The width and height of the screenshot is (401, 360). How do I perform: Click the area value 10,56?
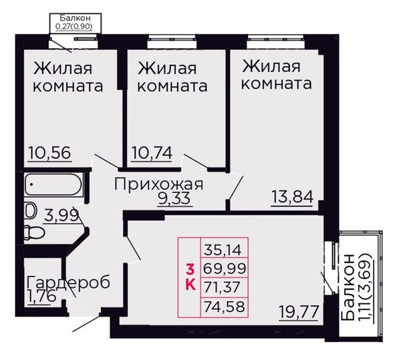pos(49,152)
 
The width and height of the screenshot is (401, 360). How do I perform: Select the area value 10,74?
pos(152,152)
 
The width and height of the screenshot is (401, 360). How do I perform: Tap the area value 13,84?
pos(292,197)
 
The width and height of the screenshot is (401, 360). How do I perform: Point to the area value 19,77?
pos(299,312)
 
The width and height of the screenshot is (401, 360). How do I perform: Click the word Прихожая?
pos(158,184)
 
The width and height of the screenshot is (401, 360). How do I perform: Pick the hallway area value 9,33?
pos(174,198)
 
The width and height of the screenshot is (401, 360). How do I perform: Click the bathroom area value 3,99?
pos(61,216)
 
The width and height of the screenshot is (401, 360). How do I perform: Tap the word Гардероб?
pos(69,282)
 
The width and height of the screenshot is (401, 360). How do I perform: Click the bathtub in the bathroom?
pos(53,184)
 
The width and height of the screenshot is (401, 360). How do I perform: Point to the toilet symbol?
pos(34,232)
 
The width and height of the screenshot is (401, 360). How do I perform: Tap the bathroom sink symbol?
pos(30,211)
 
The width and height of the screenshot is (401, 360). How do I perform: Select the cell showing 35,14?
pos(225,247)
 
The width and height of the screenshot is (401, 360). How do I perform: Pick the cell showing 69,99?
pos(225,267)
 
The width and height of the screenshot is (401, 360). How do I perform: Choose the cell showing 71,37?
pos(225,287)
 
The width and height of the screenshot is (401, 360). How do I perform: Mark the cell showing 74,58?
pos(225,307)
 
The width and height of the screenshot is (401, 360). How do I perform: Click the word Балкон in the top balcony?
pos(75,18)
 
